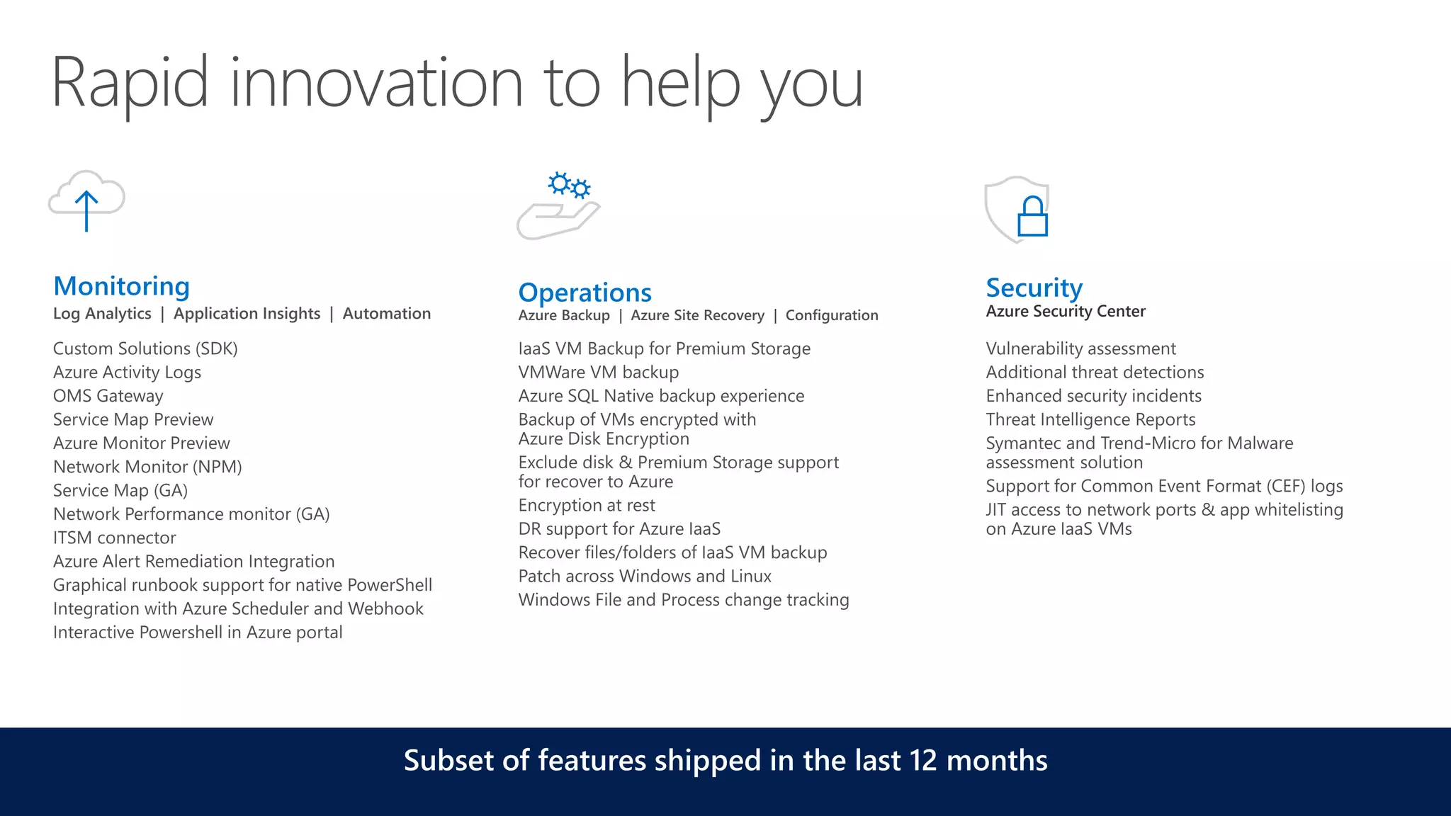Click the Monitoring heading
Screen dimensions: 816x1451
(122, 286)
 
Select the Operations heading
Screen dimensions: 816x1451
(585, 293)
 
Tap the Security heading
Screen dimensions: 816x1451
(1034, 288)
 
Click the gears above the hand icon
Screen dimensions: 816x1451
(569, 186)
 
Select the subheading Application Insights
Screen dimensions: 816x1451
(247, 314)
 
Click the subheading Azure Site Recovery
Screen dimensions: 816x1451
(697, 315)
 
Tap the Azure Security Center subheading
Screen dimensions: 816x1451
(1065, 312)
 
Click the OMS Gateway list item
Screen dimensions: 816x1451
(108, 396)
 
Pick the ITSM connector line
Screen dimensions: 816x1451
(114, 538)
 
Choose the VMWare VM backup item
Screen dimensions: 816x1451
(598, 373)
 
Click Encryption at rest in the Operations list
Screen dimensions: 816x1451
(586, 505)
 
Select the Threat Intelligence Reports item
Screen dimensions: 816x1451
(1090, 419)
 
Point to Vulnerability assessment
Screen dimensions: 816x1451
(1080, 348)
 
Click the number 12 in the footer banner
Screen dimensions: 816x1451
(923, 761)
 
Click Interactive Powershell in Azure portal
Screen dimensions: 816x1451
(198, 633)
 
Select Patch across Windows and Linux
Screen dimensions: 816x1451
(644, 576)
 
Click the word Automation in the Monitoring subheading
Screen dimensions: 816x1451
(386, 314)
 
